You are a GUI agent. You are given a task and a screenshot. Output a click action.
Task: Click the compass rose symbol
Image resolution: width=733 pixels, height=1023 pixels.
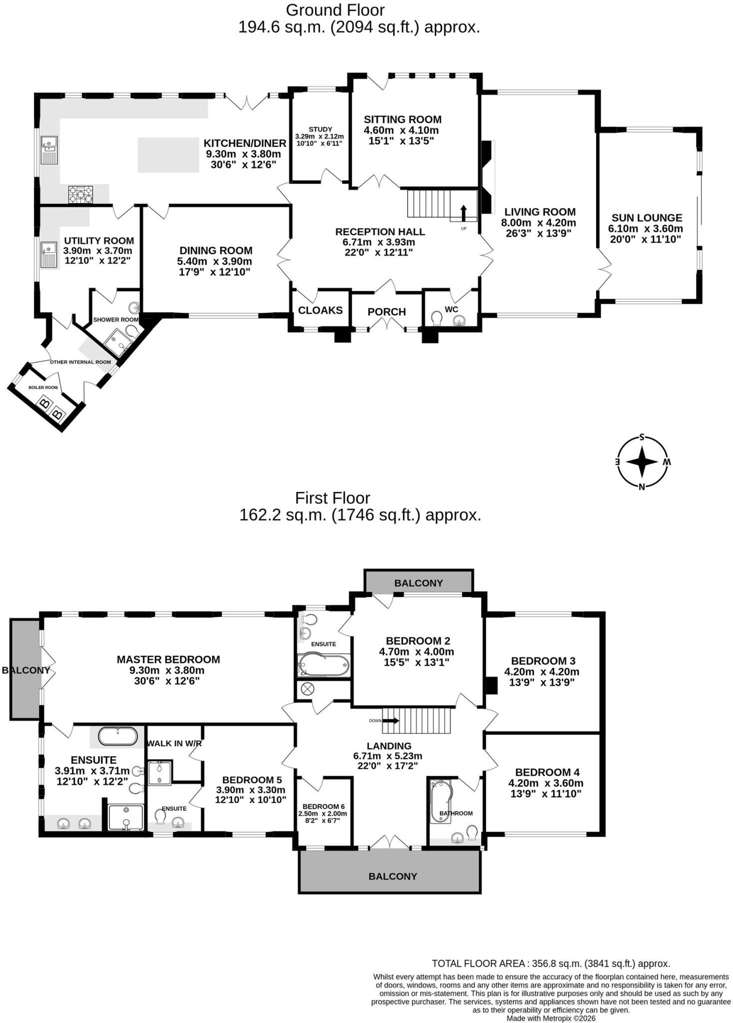tap(642, 462)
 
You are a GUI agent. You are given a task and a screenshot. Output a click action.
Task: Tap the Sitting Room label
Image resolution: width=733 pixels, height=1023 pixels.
tap(402, 119)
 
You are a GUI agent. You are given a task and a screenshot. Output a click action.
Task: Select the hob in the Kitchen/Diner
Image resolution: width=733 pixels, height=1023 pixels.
tap(80, 194)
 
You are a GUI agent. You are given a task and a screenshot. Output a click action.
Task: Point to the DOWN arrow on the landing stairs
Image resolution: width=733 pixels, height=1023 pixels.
tap(390, 720)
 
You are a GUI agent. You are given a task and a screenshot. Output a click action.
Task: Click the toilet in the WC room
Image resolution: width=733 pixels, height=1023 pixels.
tap(437, 318)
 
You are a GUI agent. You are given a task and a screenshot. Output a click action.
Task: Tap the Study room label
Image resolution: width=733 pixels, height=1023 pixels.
tap(320, 129)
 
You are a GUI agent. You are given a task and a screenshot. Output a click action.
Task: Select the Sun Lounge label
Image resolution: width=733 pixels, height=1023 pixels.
tap(647, 218)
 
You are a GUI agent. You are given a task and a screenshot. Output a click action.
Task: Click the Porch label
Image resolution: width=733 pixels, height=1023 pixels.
tap(386, 312)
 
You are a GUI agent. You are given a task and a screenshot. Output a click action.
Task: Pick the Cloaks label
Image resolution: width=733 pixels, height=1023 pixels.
tap(320, 310)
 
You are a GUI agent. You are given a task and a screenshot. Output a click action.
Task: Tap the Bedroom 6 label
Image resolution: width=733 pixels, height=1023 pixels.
tap(324, 806)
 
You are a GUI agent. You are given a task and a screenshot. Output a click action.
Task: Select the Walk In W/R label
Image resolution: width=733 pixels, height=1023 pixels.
tap(174, 743)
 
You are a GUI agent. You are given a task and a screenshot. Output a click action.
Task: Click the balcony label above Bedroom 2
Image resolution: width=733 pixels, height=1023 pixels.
tap(418, 583)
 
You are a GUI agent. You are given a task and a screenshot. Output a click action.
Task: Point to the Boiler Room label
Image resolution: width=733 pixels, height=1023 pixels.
tap(43, 387)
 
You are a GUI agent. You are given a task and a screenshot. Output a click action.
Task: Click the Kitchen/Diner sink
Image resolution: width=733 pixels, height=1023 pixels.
tap(49, 149)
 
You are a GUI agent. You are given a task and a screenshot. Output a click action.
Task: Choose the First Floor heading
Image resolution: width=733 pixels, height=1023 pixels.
tap(333, 498)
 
